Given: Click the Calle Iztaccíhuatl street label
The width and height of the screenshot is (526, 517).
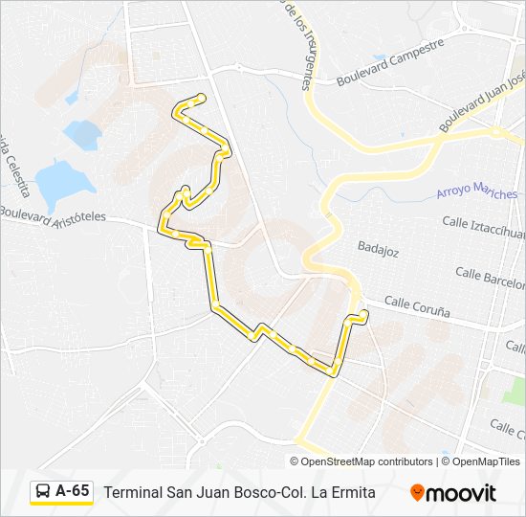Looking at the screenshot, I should pos(483,227).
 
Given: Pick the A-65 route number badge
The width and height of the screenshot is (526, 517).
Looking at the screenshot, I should pos(73,491).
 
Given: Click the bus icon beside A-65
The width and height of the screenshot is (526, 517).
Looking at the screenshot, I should pos(44,492).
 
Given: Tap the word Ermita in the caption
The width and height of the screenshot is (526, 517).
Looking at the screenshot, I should pos(352,492).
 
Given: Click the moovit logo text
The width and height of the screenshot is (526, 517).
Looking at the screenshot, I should pos(462,493).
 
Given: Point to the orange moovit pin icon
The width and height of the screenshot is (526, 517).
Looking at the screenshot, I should pos(417,493).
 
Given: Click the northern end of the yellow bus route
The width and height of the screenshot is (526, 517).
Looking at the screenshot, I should pos(201,97).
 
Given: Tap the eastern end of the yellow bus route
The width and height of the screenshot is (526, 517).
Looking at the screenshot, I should pos(363,314).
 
